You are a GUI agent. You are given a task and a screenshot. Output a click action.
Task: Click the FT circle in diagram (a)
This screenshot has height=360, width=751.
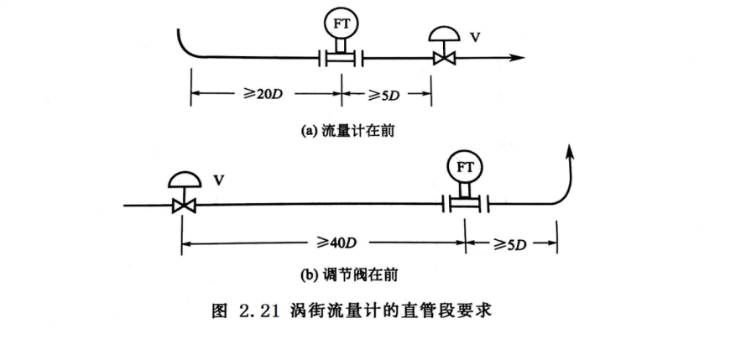tap(341, 24)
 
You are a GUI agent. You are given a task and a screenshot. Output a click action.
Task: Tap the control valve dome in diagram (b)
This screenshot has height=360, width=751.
tap(183, 179)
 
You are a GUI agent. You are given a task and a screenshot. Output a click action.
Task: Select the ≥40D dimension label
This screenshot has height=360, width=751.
tap(337, 243)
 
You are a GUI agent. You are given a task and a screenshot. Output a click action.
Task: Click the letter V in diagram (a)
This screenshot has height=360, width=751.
tap(476, 37)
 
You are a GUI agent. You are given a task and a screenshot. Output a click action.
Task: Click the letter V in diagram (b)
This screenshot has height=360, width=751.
tap(217, 180)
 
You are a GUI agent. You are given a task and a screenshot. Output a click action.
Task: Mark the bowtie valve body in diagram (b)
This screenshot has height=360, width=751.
tap(183, 204)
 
